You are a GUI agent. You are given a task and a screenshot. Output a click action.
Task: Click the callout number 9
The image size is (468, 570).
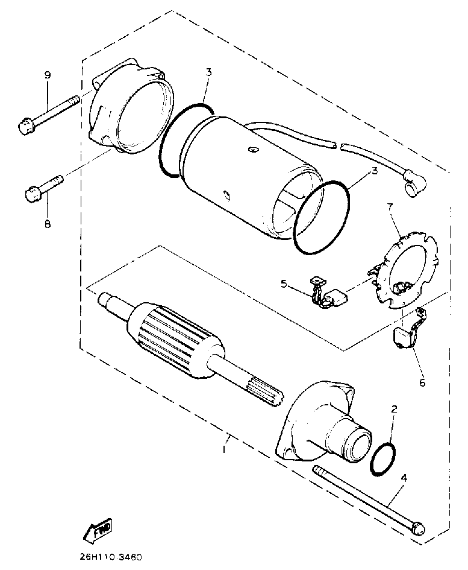[47, 75]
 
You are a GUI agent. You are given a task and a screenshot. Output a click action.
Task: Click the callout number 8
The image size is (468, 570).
[47, 224]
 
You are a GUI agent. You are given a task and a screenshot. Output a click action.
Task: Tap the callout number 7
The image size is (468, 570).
[390, 207]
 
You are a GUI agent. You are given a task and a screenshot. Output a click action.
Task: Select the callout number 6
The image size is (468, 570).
[422, 382]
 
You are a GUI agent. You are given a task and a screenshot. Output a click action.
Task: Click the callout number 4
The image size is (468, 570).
[404, 478]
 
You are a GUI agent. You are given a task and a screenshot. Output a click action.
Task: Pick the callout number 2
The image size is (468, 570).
[394, 409]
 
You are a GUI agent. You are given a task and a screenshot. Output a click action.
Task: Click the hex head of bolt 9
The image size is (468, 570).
[25, 127]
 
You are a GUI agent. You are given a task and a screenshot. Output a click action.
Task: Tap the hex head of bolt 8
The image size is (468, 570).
[33, 194]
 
